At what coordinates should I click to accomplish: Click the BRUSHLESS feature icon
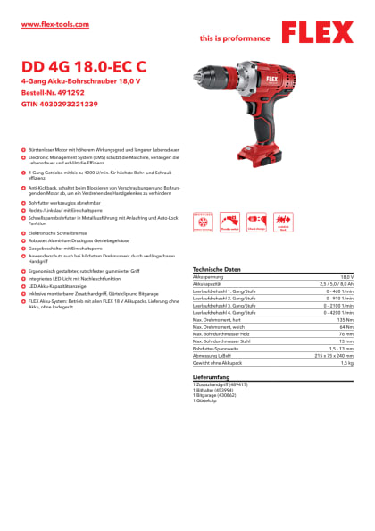click(203, 221)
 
